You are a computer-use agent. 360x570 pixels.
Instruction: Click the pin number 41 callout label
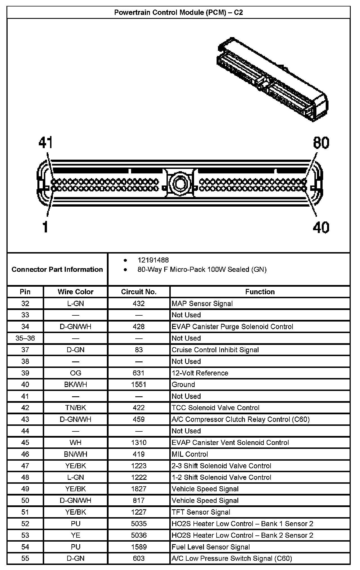[x=46, y=143]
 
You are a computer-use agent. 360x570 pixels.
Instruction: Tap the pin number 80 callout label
[x=321, y=143]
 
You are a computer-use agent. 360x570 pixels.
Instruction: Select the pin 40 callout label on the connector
[x=321, y=227]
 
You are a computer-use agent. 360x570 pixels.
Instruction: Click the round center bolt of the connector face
[x=179, y=183]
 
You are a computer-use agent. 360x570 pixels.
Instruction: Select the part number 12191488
[x=153, y=260]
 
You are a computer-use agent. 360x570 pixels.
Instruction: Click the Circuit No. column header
[x=139, y=292]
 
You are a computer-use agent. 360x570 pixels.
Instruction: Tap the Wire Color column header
[x=75, y=292]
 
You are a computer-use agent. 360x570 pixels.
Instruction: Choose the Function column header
[x=260, y=292]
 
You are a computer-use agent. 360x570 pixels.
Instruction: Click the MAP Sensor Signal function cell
[x=202, y=304]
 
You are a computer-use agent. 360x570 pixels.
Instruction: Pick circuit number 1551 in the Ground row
[x=139, y=384]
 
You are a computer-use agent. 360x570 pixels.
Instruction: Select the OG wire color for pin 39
[x=75, y=373]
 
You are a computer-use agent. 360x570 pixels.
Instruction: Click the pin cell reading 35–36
[x=25, y=338]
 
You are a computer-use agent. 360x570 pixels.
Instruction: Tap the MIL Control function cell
[x=190, y=454]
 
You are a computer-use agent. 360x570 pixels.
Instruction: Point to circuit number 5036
[x=139, y=535]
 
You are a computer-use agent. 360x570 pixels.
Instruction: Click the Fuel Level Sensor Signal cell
[x=211, y=547]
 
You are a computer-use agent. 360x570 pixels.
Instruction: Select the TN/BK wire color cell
[x=75, y=408]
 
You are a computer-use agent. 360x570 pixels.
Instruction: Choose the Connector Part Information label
[x=57, y=270]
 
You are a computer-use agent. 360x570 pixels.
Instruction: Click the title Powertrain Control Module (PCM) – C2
[x=179, y=13]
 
